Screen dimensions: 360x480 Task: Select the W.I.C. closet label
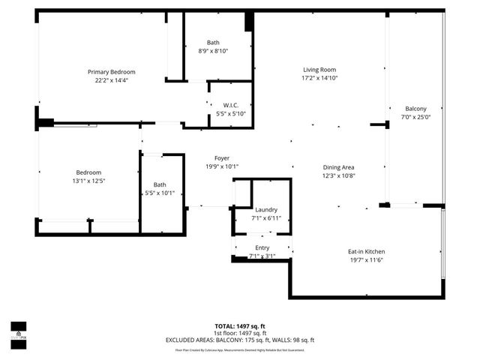[230, 105]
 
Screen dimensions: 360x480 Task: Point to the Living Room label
[319, 69]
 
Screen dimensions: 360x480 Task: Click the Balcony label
[415, 108]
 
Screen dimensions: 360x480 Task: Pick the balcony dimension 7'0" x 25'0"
[415, 117]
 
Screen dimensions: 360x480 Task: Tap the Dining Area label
[338, 167]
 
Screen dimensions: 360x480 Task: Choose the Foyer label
[222, 157]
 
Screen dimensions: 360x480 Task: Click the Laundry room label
[266, 209]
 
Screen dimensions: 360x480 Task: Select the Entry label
[262, 247]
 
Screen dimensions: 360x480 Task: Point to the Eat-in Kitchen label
[386, 251]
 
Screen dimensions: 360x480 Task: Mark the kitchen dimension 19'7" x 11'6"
[386, 260]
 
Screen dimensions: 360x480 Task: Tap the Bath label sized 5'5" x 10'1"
[160, 184]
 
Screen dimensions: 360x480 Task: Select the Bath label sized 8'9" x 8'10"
[213, 42]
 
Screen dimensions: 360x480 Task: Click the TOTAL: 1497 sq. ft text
[239, 326]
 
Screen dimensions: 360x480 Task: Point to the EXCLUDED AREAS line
[239, 340]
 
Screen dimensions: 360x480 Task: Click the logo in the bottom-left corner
[18, 330]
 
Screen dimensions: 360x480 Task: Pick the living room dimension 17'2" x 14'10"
[319, 78]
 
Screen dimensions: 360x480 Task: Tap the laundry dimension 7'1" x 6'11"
[266, 218]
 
